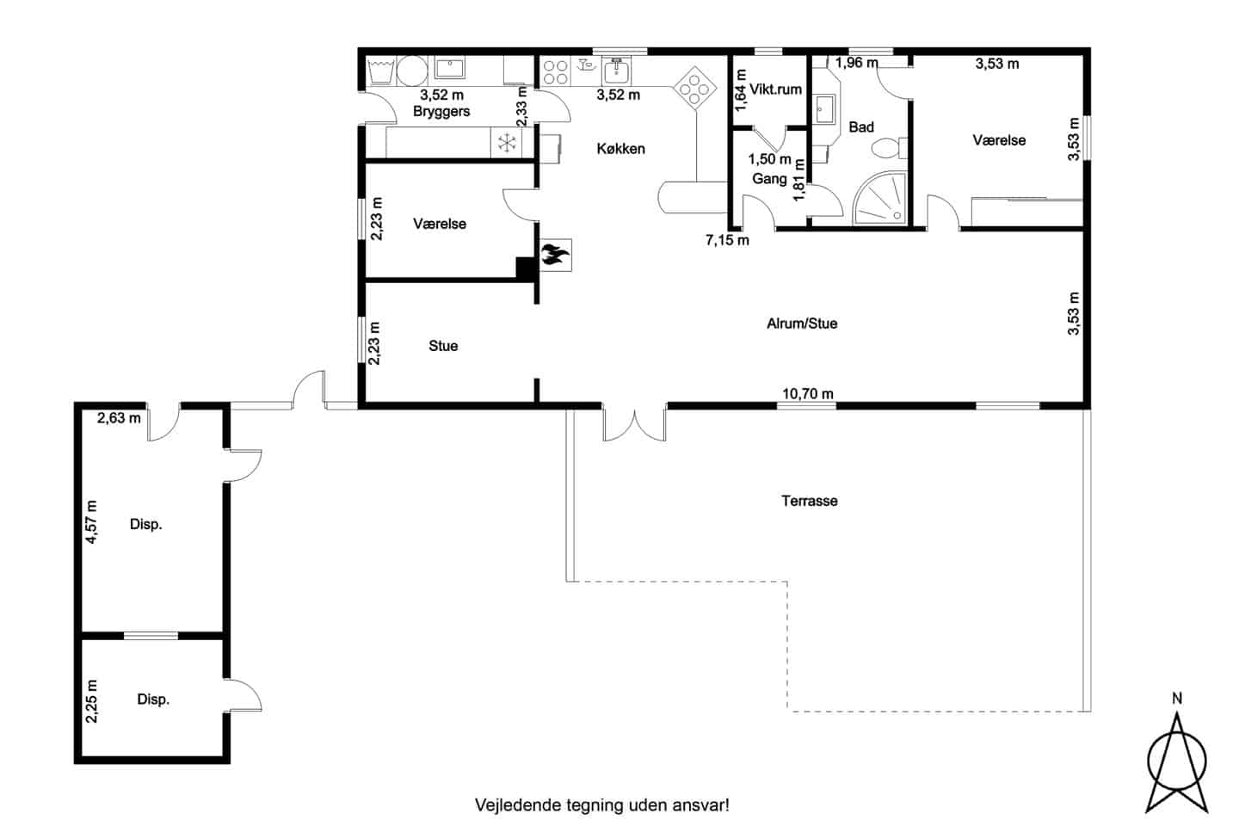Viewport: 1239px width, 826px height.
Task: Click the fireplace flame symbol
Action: (555, 255)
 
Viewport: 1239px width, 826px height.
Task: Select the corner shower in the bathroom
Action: (880, 198)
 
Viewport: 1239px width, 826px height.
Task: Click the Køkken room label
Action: (620, 149)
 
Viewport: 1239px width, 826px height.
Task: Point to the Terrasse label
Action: (809, 502)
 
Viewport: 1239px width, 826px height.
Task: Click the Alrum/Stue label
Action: (802, 324)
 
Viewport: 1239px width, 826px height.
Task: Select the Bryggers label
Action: (441, 112)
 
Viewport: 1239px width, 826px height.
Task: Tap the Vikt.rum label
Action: (775, 89)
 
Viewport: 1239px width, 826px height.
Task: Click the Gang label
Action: (769, 179)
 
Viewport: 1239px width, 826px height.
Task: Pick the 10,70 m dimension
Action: (808, 394)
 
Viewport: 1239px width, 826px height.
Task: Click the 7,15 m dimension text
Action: (727, 240)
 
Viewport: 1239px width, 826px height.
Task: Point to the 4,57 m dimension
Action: (92, 521)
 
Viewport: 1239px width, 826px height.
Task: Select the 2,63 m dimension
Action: (119, 417)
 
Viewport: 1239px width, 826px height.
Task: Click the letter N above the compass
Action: (1177, 699)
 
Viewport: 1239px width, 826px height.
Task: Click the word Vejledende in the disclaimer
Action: (518, 805)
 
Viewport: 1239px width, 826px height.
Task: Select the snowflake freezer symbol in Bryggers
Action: (506, 143)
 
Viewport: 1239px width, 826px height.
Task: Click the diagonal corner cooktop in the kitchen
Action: (694, 89)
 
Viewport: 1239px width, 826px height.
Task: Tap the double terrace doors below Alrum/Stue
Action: (634, 425)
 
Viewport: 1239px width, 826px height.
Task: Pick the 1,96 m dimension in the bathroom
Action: (856, 63)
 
